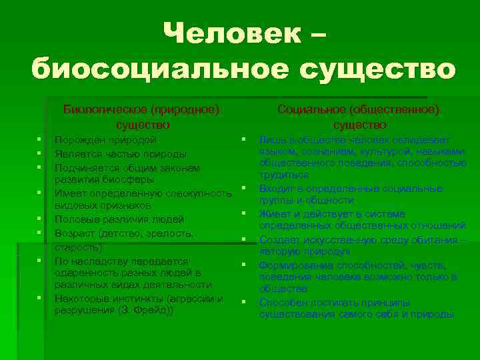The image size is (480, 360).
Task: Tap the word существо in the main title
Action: (x=376, y=69)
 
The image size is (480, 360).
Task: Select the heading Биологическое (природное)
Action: (x=141, y=108)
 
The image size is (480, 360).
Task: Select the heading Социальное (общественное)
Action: (x=358, y=108)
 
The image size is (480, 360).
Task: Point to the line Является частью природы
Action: (x=116, y=153)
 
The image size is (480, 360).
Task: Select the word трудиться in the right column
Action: (x=284, y=175)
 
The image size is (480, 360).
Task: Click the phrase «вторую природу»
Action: (x=304, y=253)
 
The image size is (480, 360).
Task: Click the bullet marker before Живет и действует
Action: (x=245, y=213)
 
